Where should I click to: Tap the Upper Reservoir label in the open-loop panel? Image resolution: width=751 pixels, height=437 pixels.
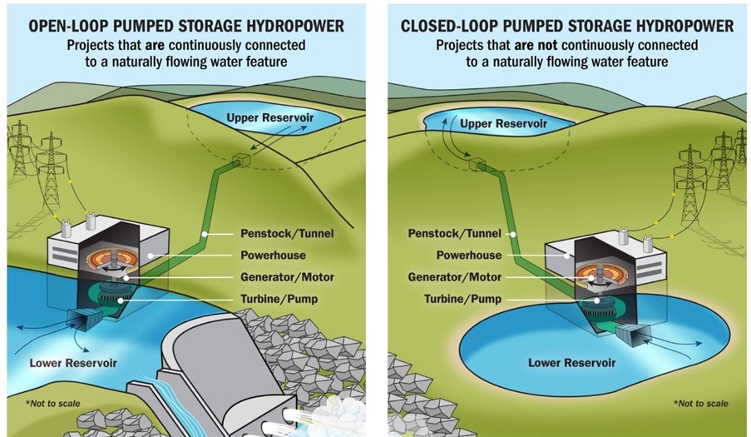tap(270, 118)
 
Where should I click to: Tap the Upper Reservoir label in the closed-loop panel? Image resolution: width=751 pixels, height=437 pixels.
tap(503, 124)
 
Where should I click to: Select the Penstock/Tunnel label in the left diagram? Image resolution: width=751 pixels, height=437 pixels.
tap(287, 234)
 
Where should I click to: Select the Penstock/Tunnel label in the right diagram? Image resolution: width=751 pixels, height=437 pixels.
tap(455, 234)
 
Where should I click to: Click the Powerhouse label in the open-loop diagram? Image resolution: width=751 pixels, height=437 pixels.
tap(273, 256)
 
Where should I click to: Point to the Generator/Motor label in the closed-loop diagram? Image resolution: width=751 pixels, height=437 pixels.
tap(455, 277)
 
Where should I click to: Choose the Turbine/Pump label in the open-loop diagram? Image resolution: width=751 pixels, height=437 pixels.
tap(279, 300)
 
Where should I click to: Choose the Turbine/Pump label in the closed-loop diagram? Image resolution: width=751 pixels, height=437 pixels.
tap(462, 300)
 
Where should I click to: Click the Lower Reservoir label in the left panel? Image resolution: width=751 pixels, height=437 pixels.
tap(73, 363)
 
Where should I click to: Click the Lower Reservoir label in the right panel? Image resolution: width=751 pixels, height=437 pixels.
tap(572, 363)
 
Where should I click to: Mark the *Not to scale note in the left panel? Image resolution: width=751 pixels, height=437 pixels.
tap(52, 404)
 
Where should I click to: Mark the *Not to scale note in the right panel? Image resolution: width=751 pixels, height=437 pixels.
tap(701, 404)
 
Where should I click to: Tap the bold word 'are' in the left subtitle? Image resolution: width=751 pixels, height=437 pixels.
tap(156, 46)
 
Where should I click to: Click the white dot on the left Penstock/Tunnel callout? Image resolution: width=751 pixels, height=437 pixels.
tap(205, 234)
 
